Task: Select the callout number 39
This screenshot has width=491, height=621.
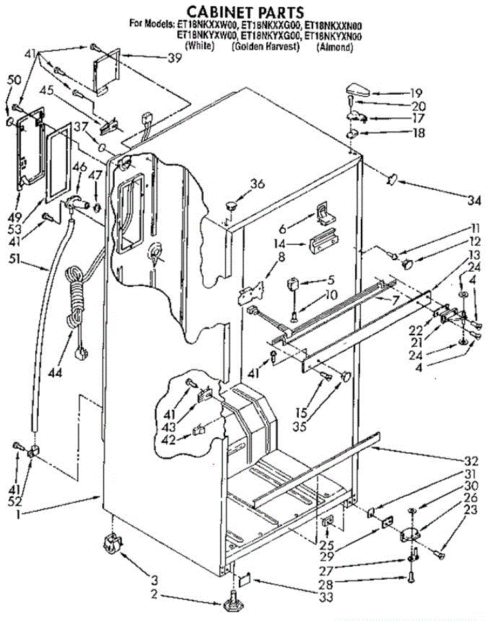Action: click(x=175, y=58)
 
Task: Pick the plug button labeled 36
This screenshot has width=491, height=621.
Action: click(x=229, y=204)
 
